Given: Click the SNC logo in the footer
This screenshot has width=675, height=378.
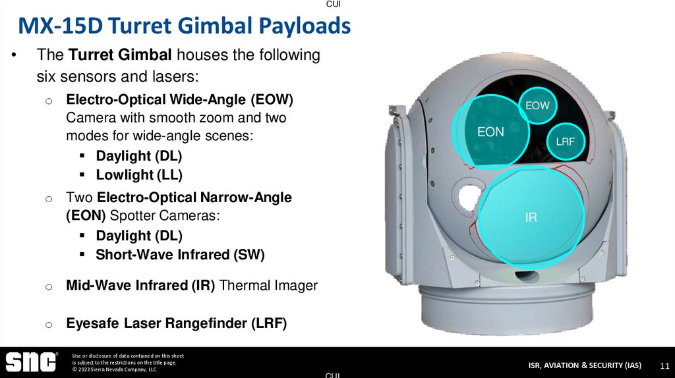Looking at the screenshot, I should tap(31, 362).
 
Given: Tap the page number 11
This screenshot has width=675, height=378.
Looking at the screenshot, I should tap(664, 365).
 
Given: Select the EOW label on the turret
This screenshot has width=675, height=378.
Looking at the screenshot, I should tap(537, 105).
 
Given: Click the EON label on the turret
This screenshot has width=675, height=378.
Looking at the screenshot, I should tap(490, 132).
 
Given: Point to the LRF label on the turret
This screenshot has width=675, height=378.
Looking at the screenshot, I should tap(565, 141).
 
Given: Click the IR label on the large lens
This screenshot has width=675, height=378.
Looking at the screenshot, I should tap(531, 217).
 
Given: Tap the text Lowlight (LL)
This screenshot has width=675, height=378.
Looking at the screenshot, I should tap(139, 175).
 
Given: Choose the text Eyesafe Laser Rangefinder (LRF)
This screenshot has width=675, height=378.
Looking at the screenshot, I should tap(176, 323).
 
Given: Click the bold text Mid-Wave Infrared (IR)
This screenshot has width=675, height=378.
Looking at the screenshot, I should tap(140, 285).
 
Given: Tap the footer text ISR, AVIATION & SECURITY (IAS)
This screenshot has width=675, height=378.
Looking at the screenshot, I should tap(584, 365).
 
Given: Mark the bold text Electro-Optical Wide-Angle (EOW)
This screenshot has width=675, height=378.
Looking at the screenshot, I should tap(179, 100).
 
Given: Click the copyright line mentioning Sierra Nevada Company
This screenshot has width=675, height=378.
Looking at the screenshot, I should tap(114, 370).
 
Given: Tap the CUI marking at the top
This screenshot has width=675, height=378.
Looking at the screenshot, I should tap(334, 4).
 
